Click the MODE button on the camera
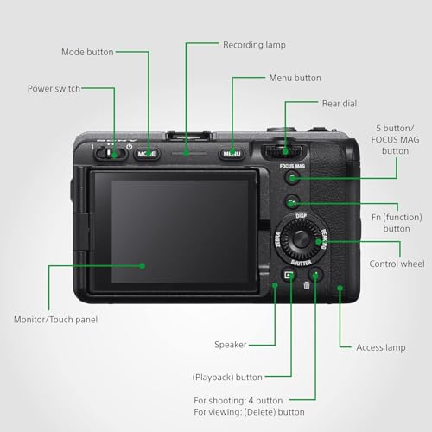[x=147, y=154]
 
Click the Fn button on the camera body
[x=292, y=202]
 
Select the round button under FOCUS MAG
[x=292, y=177]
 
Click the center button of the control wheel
[x=301, y=238]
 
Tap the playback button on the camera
[x=289, y=275]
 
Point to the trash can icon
[x=306, y=285]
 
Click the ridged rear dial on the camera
[x=283, y=151]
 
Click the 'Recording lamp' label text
[x=254, y=45]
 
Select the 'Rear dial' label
[x=340, y=104]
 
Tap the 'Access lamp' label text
[x=381, y=347]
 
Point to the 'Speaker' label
[x=231, y=345]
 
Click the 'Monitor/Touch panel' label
[x=55, y=320]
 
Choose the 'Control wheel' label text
[x=397, y=264]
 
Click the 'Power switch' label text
[x=54, y=88]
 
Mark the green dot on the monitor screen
[x=142, y=265]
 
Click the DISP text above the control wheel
[x=301, y=216]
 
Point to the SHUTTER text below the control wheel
[x=301, y=263]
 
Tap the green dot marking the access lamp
[x=340, y=288]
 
